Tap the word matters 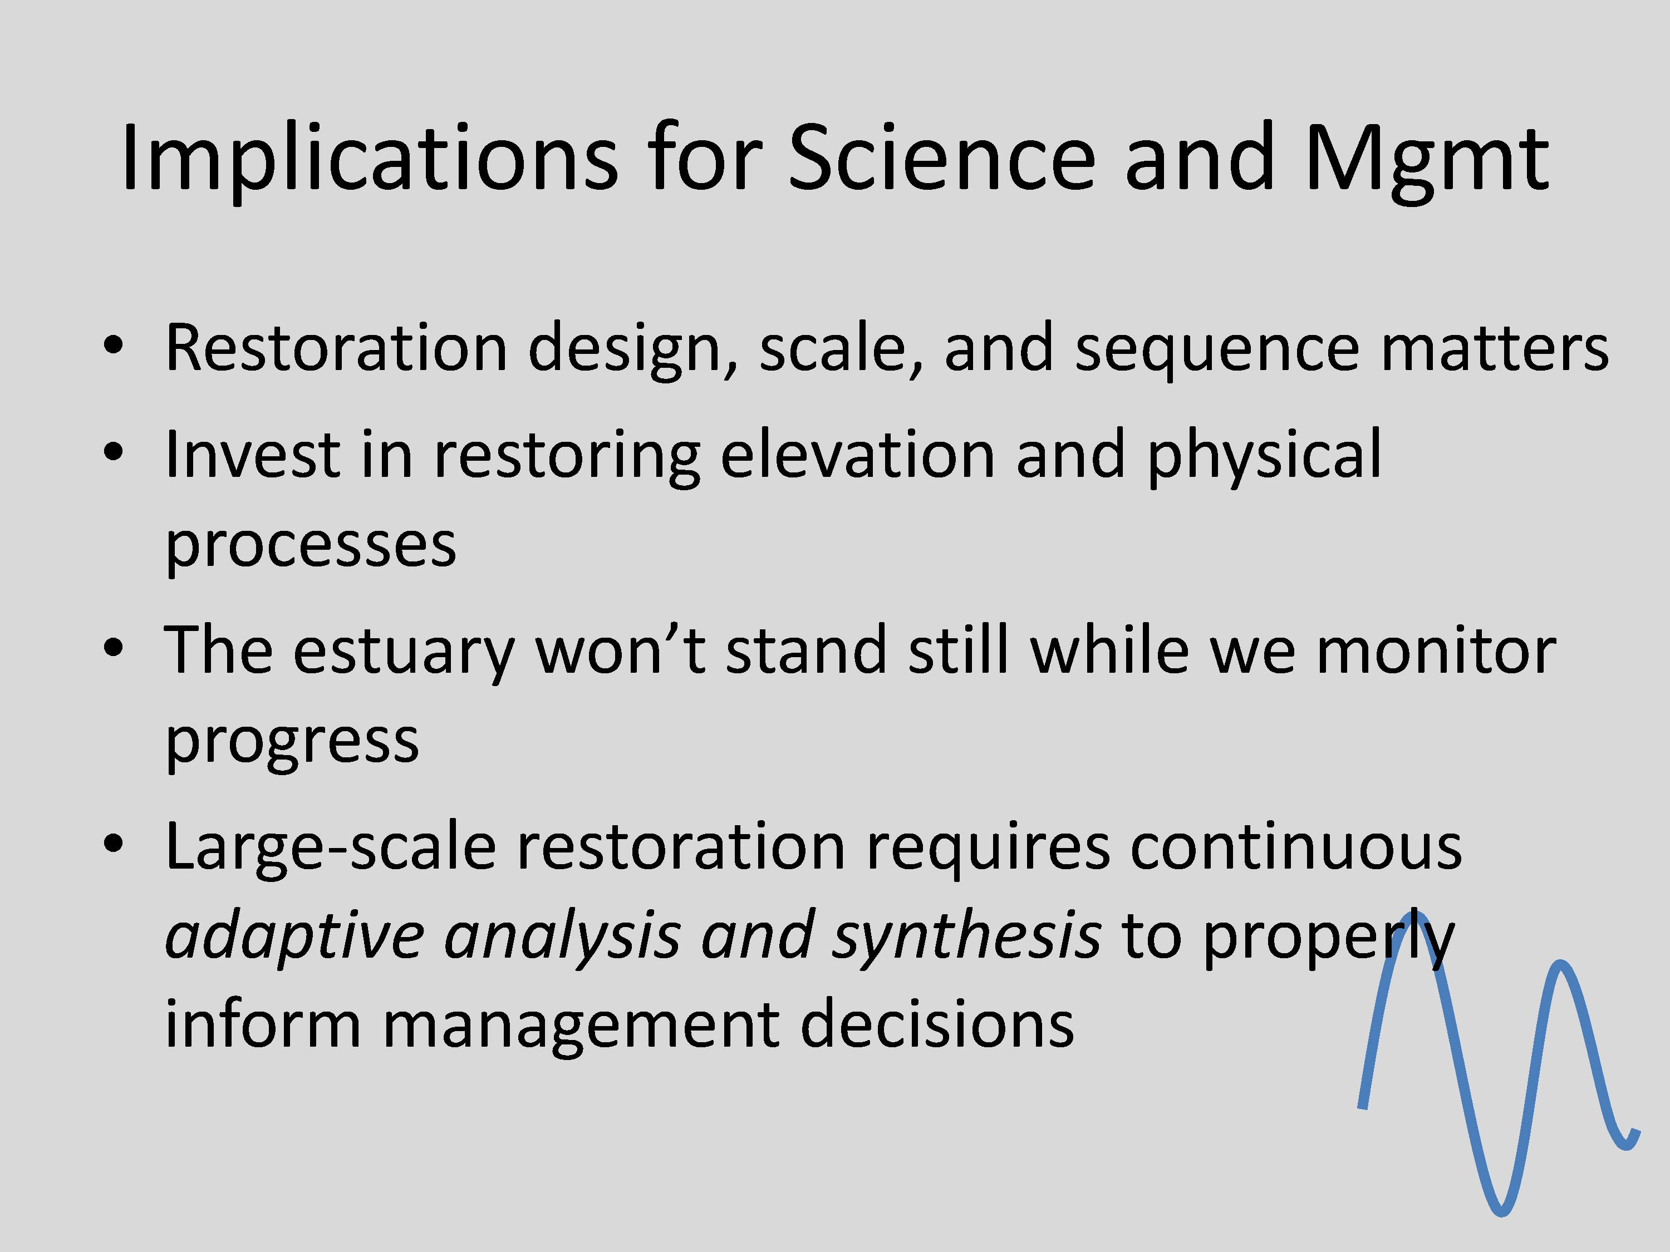point(1495,349)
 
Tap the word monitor point(1436,650)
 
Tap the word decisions point(937,1025)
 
